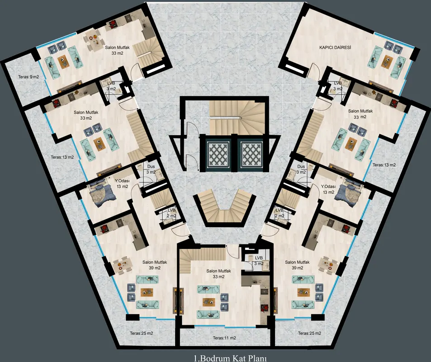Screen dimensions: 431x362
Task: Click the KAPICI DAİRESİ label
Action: point(335,48)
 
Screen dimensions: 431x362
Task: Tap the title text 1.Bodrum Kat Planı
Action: point(230,358)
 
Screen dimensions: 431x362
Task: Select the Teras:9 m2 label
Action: point(28,77)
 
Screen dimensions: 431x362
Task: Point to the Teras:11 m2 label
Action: point(224,338)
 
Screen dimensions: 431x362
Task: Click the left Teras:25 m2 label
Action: point(142,333)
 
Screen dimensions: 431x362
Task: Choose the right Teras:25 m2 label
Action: point(309,333)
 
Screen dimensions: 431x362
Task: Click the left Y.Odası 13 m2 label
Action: point(122,183)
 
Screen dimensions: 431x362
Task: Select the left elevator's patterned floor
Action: point(218,154)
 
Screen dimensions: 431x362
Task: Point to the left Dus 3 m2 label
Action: point(151,169)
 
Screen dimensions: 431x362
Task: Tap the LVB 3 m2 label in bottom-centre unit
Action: point(259,261)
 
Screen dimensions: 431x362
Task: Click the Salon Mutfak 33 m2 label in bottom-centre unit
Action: point(218,274)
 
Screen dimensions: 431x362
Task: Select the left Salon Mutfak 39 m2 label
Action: point(155,265)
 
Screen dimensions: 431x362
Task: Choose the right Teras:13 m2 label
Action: point(384,165)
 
